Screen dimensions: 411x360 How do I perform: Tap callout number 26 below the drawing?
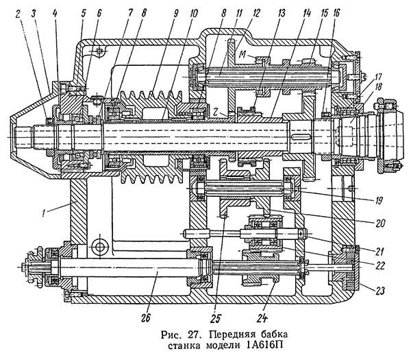(x=145, y=317)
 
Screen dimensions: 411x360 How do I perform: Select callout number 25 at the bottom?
(x=215, y=318)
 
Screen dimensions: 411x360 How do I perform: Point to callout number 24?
(x=262, y=318)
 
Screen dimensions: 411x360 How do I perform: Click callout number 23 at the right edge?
(x=380, y=291)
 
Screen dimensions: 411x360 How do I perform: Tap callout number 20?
(x=380, y=224)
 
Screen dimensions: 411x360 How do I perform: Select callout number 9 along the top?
(x=175, y=13)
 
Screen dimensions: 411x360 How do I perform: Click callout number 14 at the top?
(x=307, y=13)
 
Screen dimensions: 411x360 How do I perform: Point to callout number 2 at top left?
(x=18, y=14)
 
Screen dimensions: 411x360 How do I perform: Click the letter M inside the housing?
(x=243, y=55)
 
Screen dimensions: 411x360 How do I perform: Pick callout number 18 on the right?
(x=379, y=86)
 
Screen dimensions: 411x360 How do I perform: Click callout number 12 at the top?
(x=256, y=13)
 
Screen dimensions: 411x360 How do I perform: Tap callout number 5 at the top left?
(x=84, y=14)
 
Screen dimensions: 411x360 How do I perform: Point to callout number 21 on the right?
(x=379, y=252)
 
